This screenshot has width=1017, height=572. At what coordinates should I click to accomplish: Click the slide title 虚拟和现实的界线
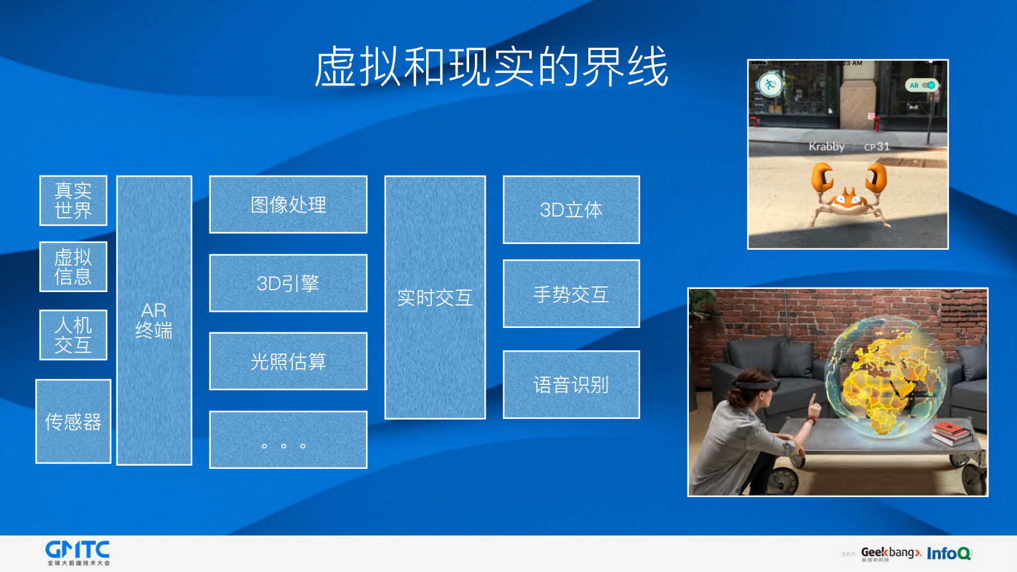[492, 67]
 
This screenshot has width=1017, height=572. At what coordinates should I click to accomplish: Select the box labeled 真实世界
[73, 200]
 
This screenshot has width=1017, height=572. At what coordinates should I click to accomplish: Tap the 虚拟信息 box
[73, 266]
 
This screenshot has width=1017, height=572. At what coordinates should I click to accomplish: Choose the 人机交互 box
[73, 335]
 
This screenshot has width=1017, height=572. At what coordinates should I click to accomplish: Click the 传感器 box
[73, 421]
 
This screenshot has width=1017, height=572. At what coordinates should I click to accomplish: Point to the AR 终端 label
[154, 320]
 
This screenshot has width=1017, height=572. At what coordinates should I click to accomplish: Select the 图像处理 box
[288, 204]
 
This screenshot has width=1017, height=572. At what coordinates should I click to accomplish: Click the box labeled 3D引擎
[288, 283]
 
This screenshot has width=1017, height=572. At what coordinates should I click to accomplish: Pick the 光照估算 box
[288, 361]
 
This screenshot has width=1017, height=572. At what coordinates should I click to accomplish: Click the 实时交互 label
[435, 297]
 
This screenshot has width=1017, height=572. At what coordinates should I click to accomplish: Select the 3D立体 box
[571, 209]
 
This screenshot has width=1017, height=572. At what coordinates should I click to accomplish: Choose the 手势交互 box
[571, 294]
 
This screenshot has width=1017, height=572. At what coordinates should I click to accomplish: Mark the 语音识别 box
[571, 384]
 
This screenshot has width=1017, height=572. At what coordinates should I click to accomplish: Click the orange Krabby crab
[848, 192]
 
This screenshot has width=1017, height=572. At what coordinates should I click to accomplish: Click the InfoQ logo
[949, 553]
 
